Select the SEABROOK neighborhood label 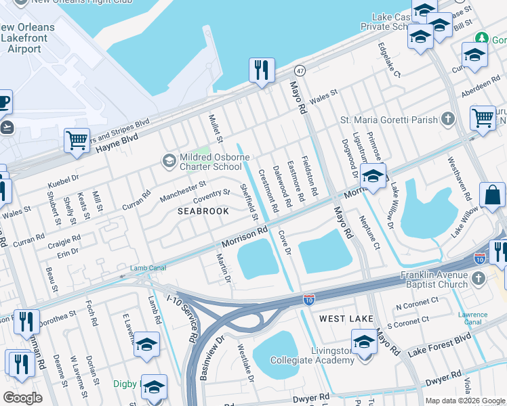[x=203, y=211]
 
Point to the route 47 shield [x=300, y=70]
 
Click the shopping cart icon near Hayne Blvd [x=77, y=141]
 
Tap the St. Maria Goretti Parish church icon [x=447, y=120]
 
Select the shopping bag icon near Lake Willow [x=492, y=195]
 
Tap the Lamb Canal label [x=148, y=268]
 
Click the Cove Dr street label [x=284, y=242]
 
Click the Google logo [x=22, y=397]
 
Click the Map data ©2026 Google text [x=464, y=401]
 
